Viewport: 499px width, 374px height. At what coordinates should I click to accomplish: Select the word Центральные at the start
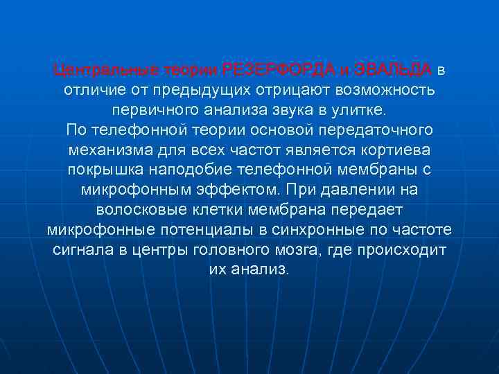105,70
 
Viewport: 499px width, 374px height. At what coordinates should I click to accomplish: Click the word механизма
106,150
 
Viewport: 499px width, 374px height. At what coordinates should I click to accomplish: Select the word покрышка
103,170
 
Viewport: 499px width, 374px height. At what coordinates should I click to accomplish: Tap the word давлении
364,190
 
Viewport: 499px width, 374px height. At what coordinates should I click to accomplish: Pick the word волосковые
135,209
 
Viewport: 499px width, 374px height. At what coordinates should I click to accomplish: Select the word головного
265,249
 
